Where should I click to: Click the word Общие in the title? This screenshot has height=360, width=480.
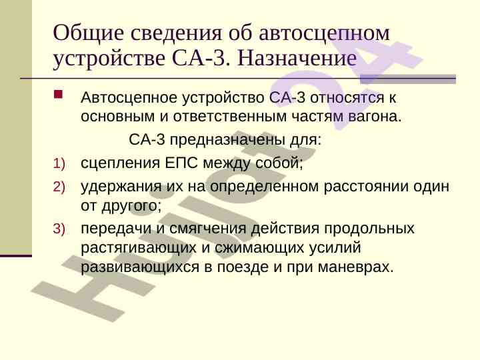click(88, 33)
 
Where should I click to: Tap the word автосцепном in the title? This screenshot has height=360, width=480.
click(324, 34)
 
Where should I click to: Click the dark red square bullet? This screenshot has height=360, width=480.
click(58, 94)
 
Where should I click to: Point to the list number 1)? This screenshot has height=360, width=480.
click(59, 163)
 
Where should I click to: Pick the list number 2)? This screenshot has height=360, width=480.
click(59, 187)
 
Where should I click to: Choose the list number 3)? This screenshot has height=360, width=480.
click(59, 229)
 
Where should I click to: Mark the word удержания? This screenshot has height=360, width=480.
click(121, 187)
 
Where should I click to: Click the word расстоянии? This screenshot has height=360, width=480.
click(366, 187)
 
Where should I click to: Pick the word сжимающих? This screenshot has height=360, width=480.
click(259, 248)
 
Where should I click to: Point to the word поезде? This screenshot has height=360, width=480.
click(243, 267)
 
